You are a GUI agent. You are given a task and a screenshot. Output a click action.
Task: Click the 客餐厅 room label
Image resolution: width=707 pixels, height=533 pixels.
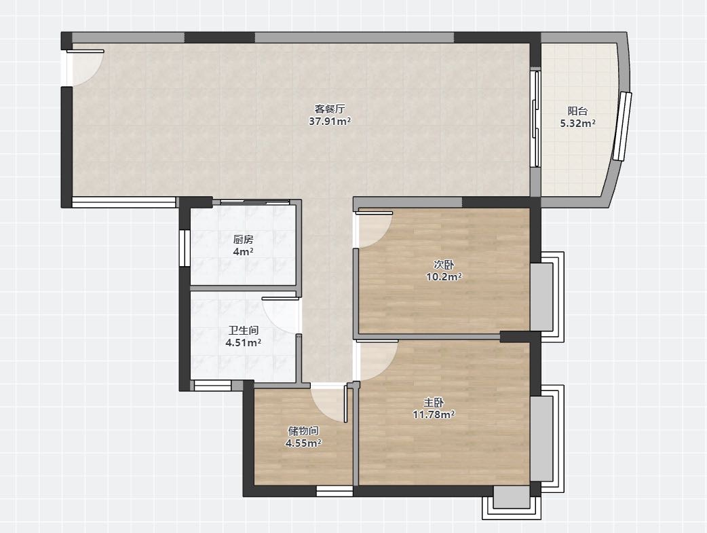coord(330,109)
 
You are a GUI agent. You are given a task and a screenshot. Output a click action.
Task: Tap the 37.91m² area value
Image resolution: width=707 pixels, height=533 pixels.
coord(330,121)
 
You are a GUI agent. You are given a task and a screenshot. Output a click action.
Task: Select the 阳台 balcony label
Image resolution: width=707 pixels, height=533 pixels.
coord(577,111)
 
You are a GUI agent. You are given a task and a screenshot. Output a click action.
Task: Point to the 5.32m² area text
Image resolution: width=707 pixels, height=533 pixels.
coord(577,123)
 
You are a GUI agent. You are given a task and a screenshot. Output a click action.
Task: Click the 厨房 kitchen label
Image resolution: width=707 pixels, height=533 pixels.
coord(243,240)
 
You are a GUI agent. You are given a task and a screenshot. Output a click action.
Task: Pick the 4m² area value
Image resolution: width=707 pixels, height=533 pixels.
coord(243,251)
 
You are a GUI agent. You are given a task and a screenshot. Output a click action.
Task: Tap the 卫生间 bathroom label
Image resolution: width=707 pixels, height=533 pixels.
coord(244,331)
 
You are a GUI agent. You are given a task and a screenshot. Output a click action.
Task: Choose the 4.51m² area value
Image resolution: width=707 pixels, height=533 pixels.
coord(244,343)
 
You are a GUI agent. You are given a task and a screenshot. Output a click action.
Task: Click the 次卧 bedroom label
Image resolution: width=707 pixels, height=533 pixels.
coord(444,265)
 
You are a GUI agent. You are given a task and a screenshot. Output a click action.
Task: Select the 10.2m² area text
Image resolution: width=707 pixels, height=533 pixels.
coord(444,276)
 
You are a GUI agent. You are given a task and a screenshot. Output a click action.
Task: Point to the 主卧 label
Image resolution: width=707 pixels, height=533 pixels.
coord(434,402)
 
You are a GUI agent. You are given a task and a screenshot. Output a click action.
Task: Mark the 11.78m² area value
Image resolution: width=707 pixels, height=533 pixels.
coord(434,414)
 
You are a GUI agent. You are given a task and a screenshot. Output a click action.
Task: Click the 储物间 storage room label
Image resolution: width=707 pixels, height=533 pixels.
coord(303,431)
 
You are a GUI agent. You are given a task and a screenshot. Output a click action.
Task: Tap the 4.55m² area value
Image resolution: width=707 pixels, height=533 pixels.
coord(303,443)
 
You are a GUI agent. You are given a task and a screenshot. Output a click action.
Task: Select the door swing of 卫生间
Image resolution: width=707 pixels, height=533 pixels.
coord(280,316)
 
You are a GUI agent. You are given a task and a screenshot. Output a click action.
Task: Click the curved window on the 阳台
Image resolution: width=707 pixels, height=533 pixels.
coord(622,126)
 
